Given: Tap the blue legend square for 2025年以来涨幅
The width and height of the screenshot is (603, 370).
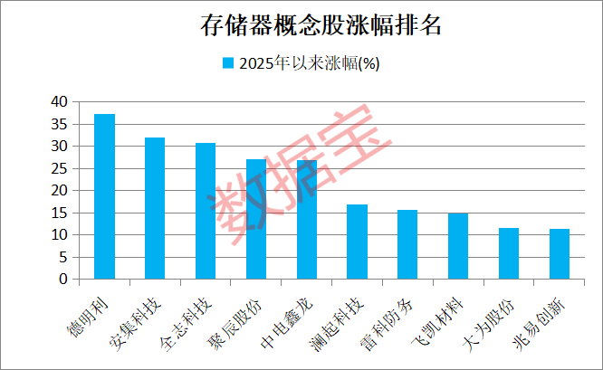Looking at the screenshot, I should pyautogui.click(x=228, y=63).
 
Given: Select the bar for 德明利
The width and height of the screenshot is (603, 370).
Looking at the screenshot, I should pyautogui.click(x=104, y=197).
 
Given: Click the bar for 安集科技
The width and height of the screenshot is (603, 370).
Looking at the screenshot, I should pyautogui.click(x=155, y=209).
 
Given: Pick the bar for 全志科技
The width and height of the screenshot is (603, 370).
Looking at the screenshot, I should pyautogui.click(x=206, y=212).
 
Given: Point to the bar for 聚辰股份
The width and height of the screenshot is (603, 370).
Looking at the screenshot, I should pyautogui.click(x=256, y=220).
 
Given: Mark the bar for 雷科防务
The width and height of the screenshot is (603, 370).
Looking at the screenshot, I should pyautogui.click(x=407, y=245).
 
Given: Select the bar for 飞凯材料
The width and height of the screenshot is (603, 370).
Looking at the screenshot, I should pyautogui.click(x=458, y=247).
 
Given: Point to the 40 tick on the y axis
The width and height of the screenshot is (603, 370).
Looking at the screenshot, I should pyautogui.click(x=59, y=101).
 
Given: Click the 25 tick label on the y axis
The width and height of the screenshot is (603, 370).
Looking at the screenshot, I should pyautogui.click(x=59, y=168).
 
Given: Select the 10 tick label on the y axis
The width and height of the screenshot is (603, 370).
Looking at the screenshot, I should pyautogui.click(x=59, y=235).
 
